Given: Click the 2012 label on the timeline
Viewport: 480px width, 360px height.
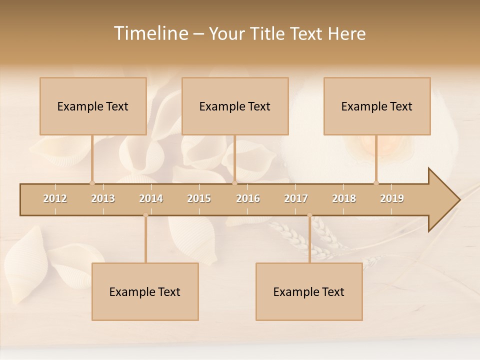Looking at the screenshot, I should click(x=55, y=198).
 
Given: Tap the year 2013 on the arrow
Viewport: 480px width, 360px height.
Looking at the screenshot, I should click(x=103, y=198).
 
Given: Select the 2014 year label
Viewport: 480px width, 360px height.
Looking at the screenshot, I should click(x=151, y=198).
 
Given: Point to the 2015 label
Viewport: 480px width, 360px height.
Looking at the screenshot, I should click(x=199, y=198).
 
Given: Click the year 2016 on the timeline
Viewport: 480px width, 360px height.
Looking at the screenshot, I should click(x=248, y=198).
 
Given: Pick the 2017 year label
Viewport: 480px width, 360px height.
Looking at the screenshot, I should click(x=296, y=198).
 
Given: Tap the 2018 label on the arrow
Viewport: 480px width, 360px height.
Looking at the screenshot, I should click(x=344, y=198).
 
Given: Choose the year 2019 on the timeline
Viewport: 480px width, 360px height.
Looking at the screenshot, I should click(x=392, y=198).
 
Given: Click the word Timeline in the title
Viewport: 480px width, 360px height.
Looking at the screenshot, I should click(x=150, y=33).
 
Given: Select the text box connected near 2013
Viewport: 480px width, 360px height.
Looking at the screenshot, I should click(x=93, y=106).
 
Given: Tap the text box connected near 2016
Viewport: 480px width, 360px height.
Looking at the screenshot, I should click(x=235, y=106).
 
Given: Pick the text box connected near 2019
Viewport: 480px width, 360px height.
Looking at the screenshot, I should click(x=377, y=106).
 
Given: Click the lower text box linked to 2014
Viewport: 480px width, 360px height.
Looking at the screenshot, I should click(x=145, y=291).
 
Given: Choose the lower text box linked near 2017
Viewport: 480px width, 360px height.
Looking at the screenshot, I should click(x=309, y=291).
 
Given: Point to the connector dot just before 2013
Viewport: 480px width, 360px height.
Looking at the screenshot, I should click(x=92, y=183).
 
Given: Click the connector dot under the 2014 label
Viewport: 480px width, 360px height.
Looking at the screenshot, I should click(x=145, y=215).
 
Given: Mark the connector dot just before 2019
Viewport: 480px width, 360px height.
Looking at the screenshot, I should click(x=376, y=183).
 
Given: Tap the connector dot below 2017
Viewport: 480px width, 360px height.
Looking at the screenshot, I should click(x=309, y=215).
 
